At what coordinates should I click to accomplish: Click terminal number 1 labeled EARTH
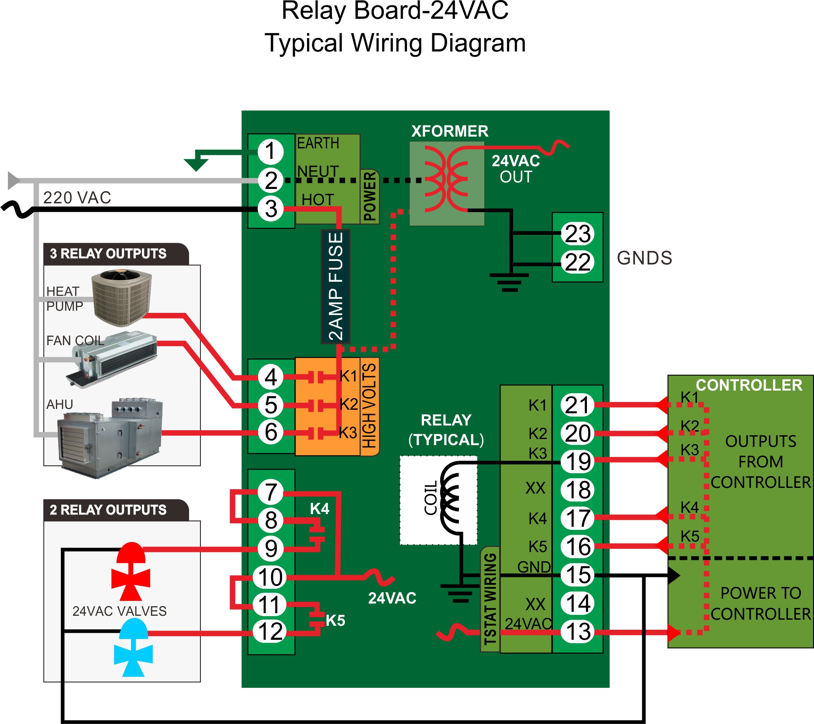coord(270,151)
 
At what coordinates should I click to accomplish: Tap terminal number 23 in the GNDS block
coord(577,233)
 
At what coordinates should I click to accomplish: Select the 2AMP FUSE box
coord(335,286)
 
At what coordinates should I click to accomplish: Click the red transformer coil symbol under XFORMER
coord(446,179)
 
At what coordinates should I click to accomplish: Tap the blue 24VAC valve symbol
coord(133,648)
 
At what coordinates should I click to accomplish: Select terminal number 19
coord(578,461)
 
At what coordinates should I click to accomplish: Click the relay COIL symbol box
coord(438,500)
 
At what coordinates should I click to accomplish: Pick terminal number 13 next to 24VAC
coord(578,631)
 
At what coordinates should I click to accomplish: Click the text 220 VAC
coord(77,198)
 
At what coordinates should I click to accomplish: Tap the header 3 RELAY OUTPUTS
coord(108,254)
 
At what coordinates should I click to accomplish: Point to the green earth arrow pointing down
coord(196,164)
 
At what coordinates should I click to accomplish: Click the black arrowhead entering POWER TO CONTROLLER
coord(673,576)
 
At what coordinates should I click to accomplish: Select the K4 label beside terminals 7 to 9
coord(319,509)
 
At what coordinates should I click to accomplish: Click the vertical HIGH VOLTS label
coord(369,406)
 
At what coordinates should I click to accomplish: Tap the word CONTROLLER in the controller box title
coord(748,385)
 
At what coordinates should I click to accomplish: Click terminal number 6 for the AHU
coord(270,432)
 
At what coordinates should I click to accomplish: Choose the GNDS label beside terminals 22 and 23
coord(644,258)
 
